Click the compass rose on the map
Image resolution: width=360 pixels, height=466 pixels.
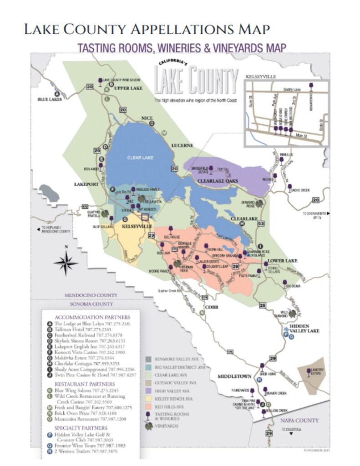coord(66,263)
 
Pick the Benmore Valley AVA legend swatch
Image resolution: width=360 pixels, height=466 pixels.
coord(149,358)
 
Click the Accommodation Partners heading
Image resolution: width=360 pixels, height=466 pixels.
coord(92,317)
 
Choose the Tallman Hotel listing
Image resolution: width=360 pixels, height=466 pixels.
coord(86,329)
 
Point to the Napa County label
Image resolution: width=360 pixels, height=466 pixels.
coord(306,420)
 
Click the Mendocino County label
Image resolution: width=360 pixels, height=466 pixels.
coord(91,295)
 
